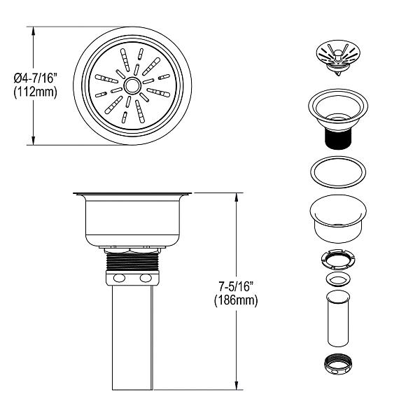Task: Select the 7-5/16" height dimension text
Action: [236, 287]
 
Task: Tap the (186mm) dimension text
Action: [236, 300]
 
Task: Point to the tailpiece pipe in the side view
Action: [132, 336]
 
